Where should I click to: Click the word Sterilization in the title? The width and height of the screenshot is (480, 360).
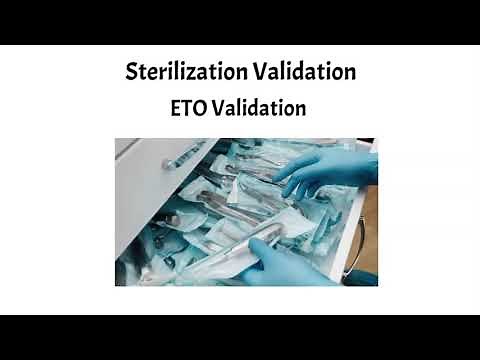(x=184, y=72)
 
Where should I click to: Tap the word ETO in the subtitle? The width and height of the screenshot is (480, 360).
(x=190, y=107)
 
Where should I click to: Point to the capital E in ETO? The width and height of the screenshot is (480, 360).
(x=177, y=107)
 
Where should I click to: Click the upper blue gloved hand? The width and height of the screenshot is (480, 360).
(x=335, y=170)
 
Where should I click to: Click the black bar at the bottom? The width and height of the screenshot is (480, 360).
(x=240, y=337)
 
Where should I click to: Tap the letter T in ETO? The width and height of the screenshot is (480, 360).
(x=189, y=107)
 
